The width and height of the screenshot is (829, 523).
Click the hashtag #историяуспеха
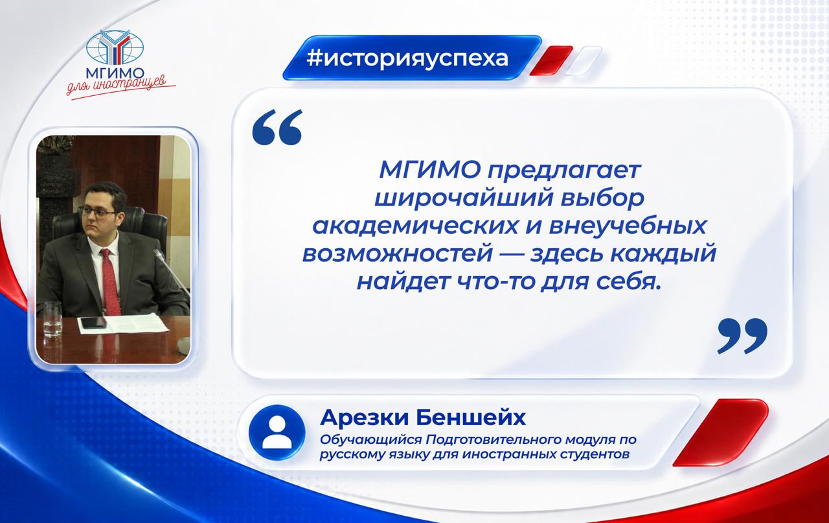(x=407, y=58)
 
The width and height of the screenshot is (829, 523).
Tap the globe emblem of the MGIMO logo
(x=115, y=48)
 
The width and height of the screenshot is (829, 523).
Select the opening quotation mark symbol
(x=277, y=126)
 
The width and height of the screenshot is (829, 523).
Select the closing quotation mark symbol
(x=742, y=336)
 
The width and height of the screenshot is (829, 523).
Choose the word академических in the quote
(x=414, y=226)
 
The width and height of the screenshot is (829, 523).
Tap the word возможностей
(x=398, y=253)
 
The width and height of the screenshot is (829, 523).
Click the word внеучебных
(x=628, y=226)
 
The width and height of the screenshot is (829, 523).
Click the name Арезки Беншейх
(x=423, y=417)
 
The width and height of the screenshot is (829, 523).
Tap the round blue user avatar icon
(x=277, y=432)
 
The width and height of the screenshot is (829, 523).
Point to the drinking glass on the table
(x=52, y=319)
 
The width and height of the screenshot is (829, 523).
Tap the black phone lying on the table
(x=93, y=323)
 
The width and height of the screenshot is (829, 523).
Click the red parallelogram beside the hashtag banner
(x=551, y=61)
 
